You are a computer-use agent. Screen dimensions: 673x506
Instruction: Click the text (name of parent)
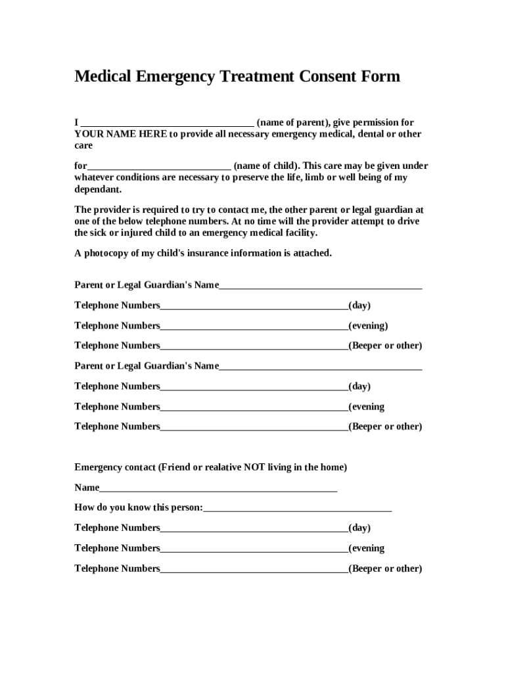(293, 123)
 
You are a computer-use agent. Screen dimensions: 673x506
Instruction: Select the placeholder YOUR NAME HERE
(120, 134)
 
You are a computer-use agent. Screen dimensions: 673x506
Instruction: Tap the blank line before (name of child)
(159, 166)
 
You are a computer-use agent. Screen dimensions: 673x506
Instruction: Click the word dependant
(98, 189)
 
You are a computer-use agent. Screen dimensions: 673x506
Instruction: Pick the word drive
(407, 221)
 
